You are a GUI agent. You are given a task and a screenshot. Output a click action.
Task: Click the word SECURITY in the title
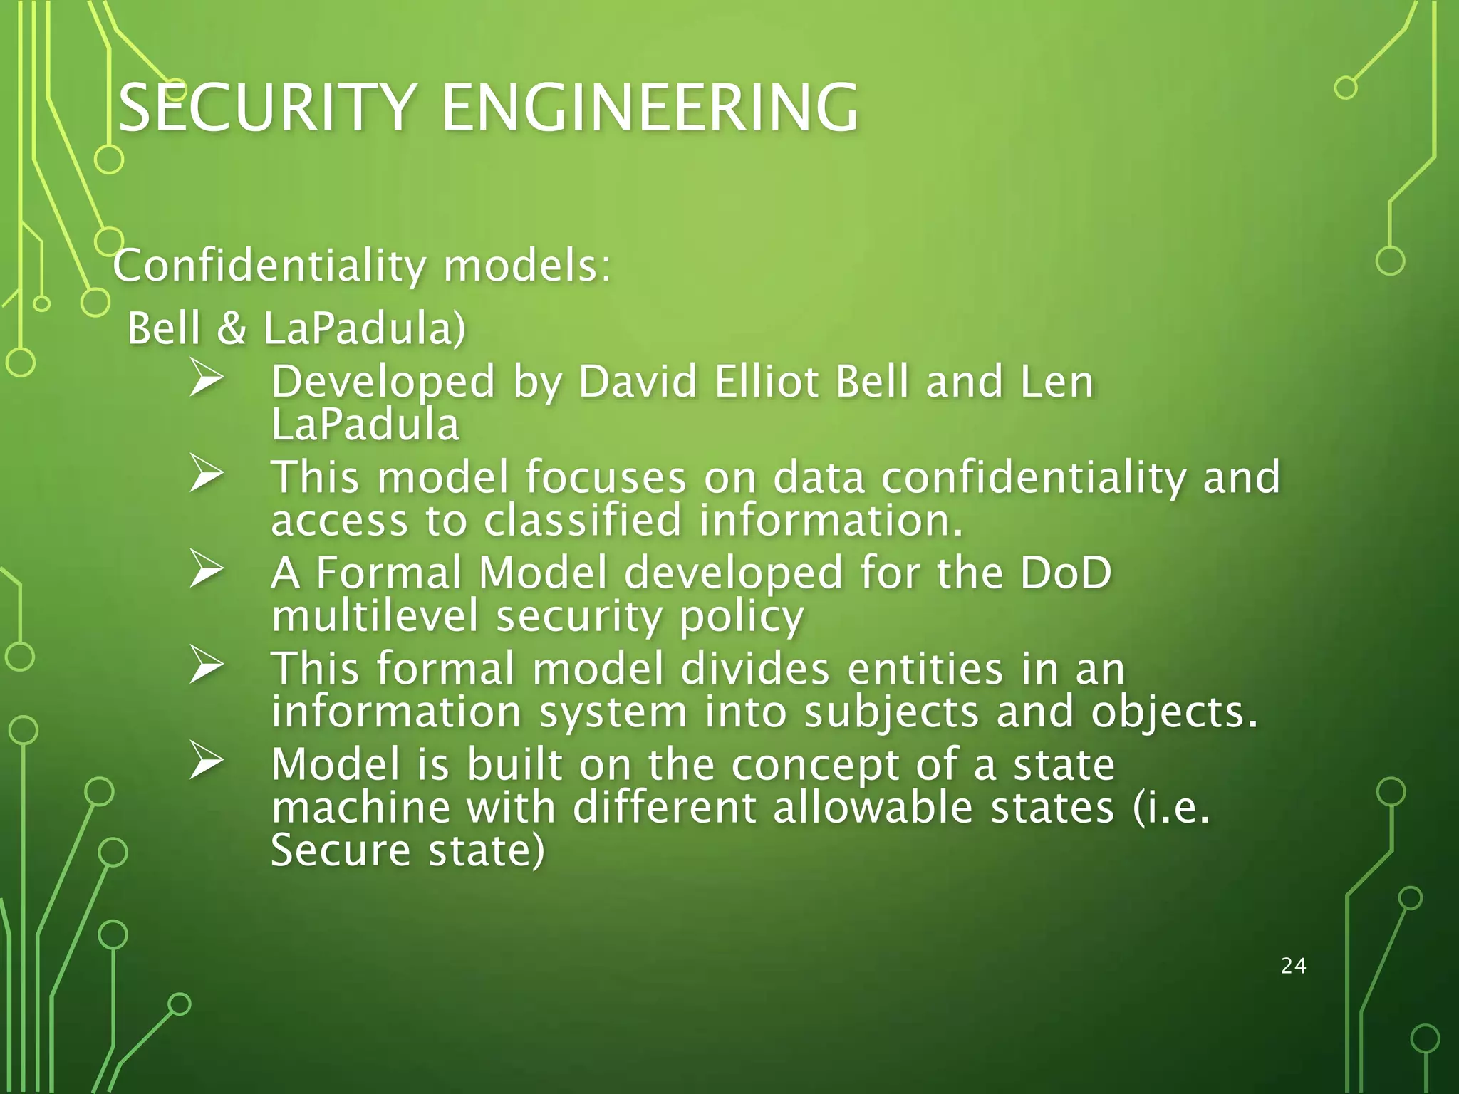point(267,108)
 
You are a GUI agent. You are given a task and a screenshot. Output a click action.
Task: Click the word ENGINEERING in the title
point(650,108)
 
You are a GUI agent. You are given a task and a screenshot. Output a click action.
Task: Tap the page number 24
point(1293,966)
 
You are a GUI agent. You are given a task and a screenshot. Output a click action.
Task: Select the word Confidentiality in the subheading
point(269,266)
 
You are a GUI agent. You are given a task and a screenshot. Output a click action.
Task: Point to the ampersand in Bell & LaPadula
point(231,329)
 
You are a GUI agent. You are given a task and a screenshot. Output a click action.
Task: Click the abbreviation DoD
point(1066,573)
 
